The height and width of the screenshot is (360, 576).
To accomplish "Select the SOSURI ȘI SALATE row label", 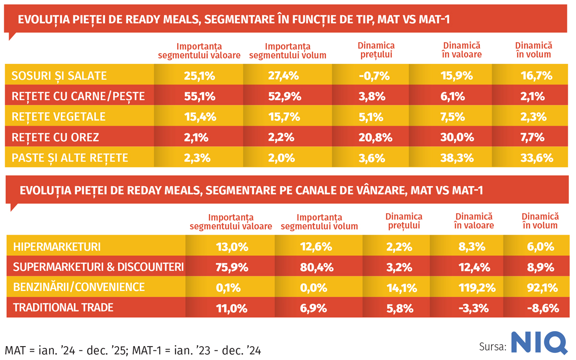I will [59, 76].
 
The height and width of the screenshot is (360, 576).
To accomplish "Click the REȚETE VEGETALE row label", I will [59, 117].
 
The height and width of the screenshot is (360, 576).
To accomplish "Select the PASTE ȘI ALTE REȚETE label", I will [70, 158].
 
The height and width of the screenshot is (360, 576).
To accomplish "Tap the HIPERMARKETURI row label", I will [57, 247].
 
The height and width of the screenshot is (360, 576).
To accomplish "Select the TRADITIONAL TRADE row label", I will [63, 308].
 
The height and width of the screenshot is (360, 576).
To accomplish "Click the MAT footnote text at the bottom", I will [132, 350].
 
